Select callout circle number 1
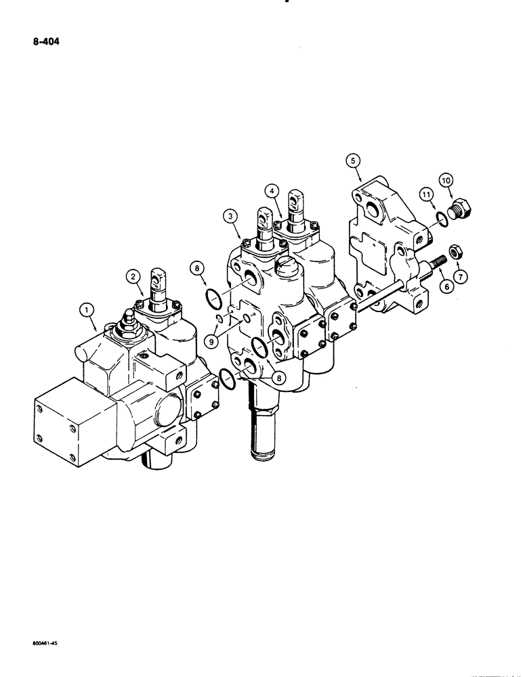(x=86, y=311)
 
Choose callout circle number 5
(x=352, y=160)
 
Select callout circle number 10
(x=446, y=180)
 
